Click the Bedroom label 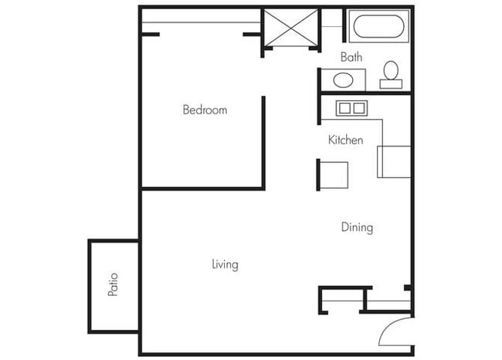(205, 110)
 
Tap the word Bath (351, 57)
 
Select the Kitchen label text (345, 140)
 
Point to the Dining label (357, 227)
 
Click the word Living (225, 264)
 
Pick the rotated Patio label (113, 284)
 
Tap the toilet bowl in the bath (391, 70)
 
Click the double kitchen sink (351, 108)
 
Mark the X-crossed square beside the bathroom (290, 29)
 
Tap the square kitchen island (334, 174)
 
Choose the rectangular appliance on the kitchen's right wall (394, 161)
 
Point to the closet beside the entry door (342, 299)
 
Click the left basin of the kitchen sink (344, 108)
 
